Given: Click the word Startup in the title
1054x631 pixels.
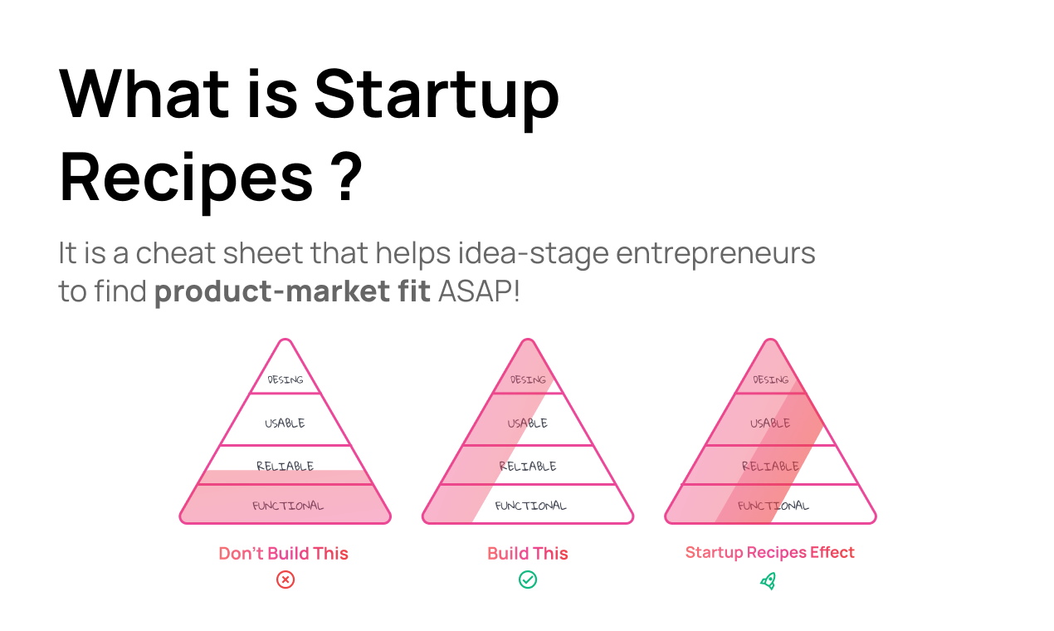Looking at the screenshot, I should click(x=437, y=93).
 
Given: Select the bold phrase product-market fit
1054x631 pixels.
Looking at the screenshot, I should click(x=292, y=292).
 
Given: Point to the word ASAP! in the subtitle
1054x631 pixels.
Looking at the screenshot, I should click(x=479, y=292).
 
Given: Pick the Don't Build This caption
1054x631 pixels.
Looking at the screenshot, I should click(x=284, y=554).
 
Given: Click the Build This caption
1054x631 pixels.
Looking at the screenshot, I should click(x=528, y=554).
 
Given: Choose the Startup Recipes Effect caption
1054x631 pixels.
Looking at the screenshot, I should click(x=770, y=553).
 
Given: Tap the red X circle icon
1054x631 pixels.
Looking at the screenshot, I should click(x=285, y=580).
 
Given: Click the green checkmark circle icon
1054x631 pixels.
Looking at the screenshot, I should click(x=528, y=580).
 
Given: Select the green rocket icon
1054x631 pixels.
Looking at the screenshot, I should click(x=769, y=580).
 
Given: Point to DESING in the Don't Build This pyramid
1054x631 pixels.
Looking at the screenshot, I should click(x=285, y=380).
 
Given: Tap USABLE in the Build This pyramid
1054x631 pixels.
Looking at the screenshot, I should click(x=528, y=423).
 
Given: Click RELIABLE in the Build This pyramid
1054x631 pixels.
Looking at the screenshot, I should click(x=528, y=467).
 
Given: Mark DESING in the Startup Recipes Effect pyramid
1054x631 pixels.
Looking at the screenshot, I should click(x=770, y=380).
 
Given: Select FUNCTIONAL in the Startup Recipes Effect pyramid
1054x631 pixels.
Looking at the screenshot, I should click(x=773, y=506).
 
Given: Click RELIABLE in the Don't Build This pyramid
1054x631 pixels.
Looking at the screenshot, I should click(x=285, y=467).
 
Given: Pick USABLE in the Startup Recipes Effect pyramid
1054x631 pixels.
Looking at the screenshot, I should click(x=770, y=423).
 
